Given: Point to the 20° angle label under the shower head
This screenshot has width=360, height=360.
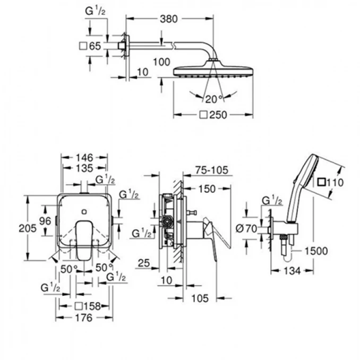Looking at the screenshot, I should point(213,98).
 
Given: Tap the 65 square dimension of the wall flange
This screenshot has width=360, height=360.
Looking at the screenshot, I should point(95,46).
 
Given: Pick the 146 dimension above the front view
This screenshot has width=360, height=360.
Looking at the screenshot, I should point(85,157).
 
